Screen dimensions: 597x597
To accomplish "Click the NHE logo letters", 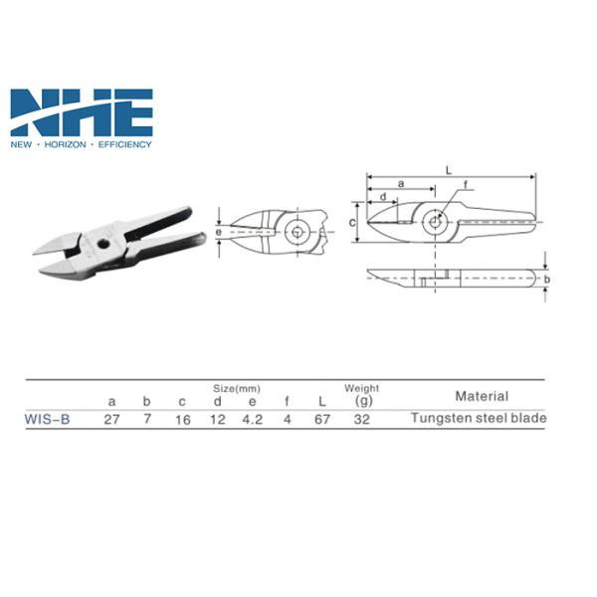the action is point(82,112).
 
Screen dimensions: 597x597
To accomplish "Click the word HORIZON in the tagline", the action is point(65,144).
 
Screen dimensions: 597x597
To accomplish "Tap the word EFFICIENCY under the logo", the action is point(125,144).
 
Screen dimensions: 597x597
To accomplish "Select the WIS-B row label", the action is point(47,419).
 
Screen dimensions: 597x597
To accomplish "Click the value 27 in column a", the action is point(111,420).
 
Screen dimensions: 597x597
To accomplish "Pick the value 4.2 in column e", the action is point(253,420).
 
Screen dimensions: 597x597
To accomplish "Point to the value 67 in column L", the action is point(322,420).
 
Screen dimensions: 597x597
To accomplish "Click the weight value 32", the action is point(362,420).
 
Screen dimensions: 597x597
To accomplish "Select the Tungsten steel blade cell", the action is point(479,418).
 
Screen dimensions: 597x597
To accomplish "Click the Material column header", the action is point(482,396).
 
